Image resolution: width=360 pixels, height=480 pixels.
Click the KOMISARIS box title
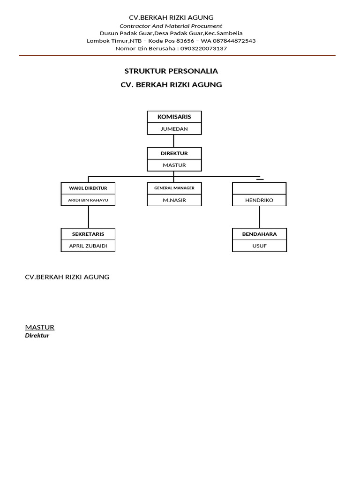tap(174, 117)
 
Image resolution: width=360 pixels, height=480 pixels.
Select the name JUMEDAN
tap(174, 129)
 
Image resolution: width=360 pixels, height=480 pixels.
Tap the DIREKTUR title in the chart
tap(174, 153)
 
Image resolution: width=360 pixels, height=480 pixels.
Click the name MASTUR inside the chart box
tap(174, 165)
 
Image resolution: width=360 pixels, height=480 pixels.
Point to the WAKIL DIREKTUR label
tap(88, 188)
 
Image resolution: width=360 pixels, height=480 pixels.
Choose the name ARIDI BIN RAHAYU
tap(88, 200)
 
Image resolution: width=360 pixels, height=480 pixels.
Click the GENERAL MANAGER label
tap(174, 188)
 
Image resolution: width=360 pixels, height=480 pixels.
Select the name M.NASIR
tap(174, 200)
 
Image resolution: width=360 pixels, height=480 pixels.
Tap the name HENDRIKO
tap(259, 200)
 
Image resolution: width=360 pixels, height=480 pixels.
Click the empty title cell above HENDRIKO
tap(259, 188)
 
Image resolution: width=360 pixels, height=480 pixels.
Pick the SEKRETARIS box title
tap(88, 233)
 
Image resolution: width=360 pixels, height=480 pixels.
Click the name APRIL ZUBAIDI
tap(88, 246)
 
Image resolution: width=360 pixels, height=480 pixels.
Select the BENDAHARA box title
tap(259, 233)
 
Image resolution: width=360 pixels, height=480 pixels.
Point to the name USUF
tap(259, 246)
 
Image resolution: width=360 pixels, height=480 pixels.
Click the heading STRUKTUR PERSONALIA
tap(171, 71)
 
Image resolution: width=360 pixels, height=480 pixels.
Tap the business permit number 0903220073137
tap(204, 48)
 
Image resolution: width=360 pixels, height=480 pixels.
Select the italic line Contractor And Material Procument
tap(171, 26)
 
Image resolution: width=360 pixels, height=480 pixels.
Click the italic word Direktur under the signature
tap(37, 336)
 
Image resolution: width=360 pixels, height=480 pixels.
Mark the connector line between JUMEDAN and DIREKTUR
tap(174, 141)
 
